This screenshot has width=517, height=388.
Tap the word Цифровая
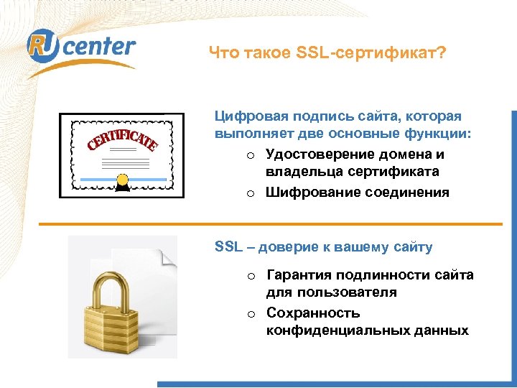point(248,116)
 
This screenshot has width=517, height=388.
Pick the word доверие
point(292,247)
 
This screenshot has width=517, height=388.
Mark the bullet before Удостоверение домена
point(250,155)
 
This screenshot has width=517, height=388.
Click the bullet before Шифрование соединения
point(250,193)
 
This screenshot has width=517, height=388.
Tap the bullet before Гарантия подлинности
point(251,276)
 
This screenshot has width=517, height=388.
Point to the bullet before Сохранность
point(251,314)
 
